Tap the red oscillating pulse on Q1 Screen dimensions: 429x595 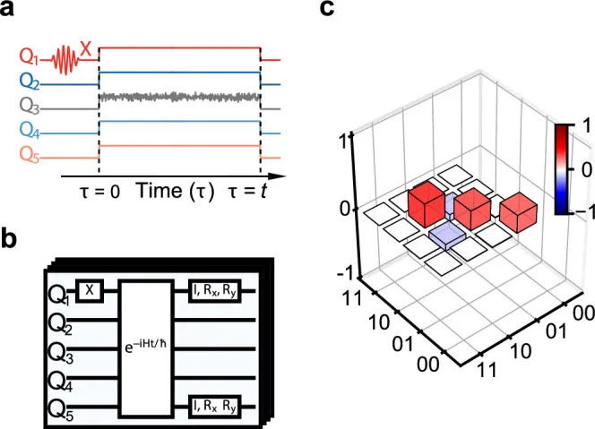click(x=64, y=60)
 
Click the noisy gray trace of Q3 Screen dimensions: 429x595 click(x=179, y=96)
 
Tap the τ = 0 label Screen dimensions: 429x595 click(x=96, y=192)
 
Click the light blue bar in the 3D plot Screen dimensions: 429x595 click(x=446, y=236)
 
